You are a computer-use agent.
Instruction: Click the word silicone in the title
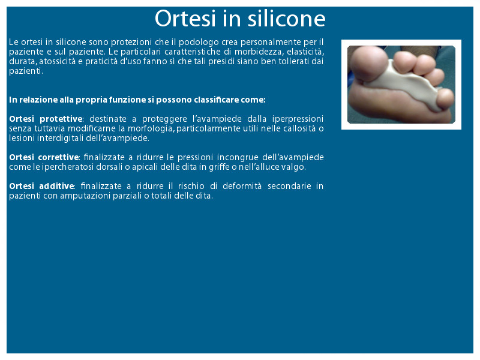[287, 19]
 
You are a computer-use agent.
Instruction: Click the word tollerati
[294, 61]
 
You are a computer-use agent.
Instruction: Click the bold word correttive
[58, 157]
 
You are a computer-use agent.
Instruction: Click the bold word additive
[56, 186]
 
